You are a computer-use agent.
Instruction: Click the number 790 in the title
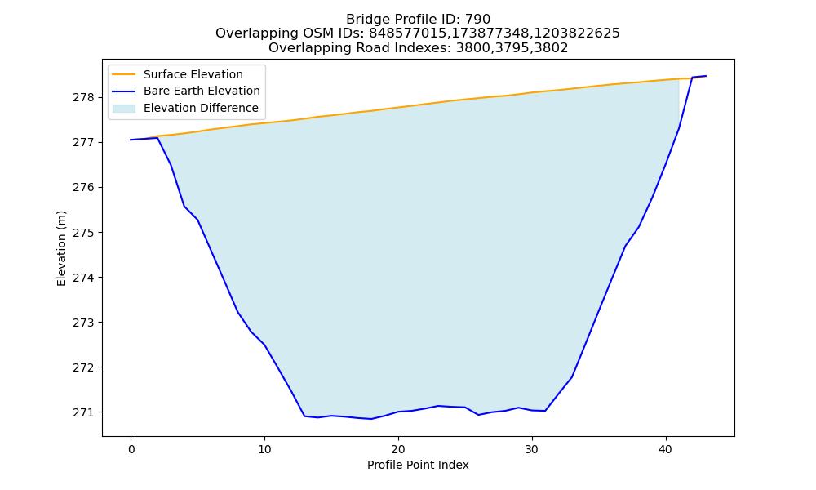(x=477, y=20)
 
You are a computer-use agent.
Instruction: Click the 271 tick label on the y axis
(x=84, y=412)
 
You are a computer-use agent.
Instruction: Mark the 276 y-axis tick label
(x=84, y=188)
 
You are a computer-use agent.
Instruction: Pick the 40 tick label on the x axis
(x=666, y=449)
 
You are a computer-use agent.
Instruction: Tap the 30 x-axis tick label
(x=532, y=449)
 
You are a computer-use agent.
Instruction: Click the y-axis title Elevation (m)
(x=61, y=248)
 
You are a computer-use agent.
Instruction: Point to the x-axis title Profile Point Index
(x=418, y=465)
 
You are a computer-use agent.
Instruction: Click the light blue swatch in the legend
(x=124, y=109)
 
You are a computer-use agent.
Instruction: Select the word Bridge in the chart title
(x=364, y=20)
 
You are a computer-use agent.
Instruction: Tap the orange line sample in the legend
(x=124, y=74)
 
